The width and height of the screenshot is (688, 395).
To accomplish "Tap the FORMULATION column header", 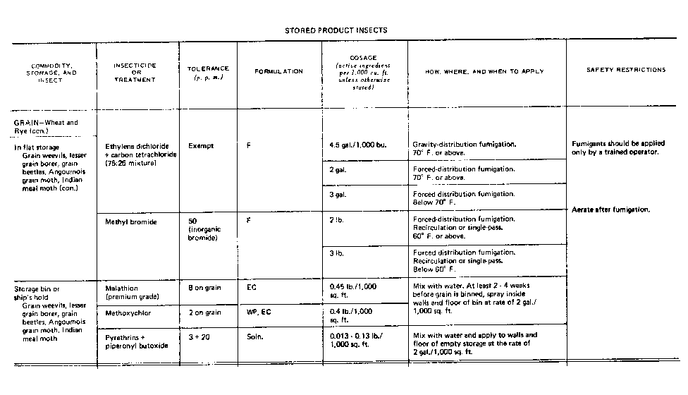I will click(x=279, y=71).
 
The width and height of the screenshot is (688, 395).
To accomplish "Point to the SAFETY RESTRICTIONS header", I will click(x=626, y=70).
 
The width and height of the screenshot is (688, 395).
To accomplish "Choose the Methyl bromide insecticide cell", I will click(x=130, y=221).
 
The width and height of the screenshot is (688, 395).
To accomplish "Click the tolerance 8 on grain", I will click(x=205, y=288).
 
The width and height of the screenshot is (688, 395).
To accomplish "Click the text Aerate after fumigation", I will click(x=610, y=209).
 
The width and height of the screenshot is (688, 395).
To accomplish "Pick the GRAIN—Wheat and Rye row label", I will click(x=46, y=126).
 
